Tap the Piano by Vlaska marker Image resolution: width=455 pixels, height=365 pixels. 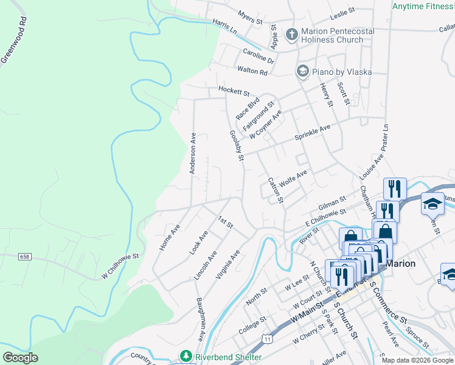(x=302, y=72)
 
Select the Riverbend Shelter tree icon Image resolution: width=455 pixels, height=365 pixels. (x=185, y=356)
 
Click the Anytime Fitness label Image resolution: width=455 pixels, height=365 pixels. (x=423, y=7)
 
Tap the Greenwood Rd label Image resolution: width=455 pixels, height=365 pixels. (x=14, y=38)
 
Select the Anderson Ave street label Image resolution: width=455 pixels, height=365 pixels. (x=192, y=153)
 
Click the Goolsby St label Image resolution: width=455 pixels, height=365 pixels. (x=237, y=146)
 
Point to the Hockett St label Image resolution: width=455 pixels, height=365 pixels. (x=234, y=92)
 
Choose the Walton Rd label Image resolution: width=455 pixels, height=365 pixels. (x=252, y=71)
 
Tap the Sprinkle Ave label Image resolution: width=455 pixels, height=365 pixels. (x=312, y=132)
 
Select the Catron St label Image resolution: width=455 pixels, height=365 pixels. (x=276, y=190)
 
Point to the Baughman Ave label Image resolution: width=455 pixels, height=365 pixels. (x=201, y=319)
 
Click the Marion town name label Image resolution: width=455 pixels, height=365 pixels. (x=401, y=263)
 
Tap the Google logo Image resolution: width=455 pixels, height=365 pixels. (x=20, y=358)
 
